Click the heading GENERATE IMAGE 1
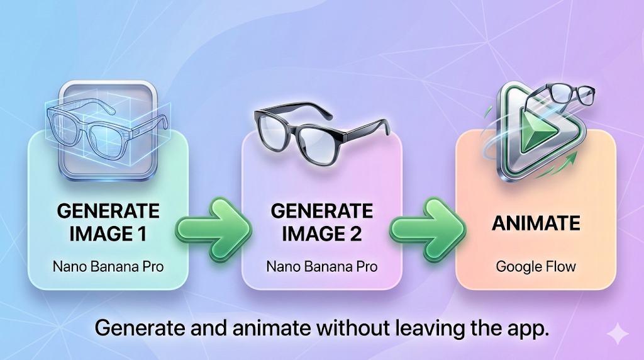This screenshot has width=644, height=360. pyautogui.click(x=108, y=222)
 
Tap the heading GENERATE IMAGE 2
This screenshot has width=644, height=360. pyautogui.click(x=321, y=222)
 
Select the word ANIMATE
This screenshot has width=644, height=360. pyautogui.click(x=536, y=223)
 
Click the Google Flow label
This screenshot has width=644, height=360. pyautogui.click(x=536, y=267)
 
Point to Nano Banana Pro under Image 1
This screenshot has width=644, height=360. pyautogui.click(x=108, y=267)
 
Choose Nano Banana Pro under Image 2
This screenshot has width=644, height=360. pyautogui.click(x=321, y=267)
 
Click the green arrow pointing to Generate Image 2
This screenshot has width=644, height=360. pyautogui.click(x=214, y=229)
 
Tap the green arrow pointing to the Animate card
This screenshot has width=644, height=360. pyautogui.click(x=428, y=229)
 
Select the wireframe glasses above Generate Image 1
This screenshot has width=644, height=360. pyautogui.click(x=107, y=127)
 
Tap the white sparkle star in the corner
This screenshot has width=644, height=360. pyautogui.click(x=618, y=334)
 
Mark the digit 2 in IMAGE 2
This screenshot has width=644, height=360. pyautogui.click(x=355, y=234)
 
